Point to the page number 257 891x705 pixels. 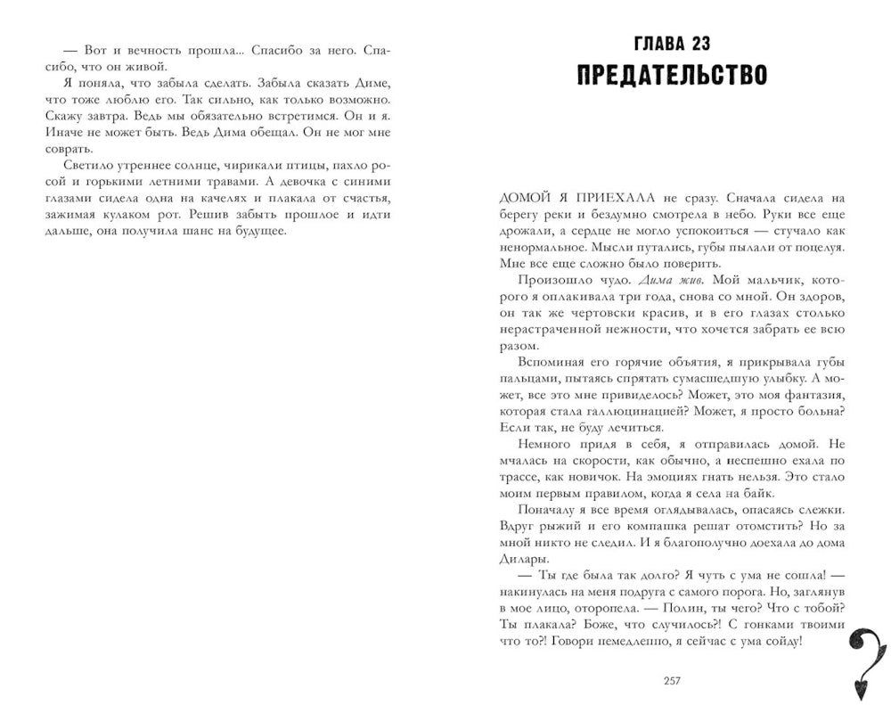pos(673,682)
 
